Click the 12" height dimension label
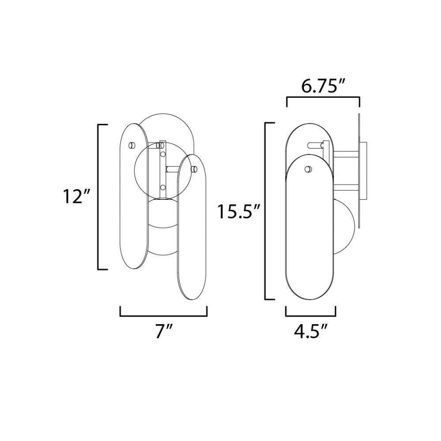coord(73,197)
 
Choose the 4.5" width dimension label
coord(311,330)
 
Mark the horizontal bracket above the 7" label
coord(163,315)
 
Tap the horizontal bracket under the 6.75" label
coord(323,99)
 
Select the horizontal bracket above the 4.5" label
coord(311,315)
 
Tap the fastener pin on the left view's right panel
coord(194,168)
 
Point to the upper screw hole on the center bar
coord(163,154)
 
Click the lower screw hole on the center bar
coord(163,187)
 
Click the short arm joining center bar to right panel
coord(172,168)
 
